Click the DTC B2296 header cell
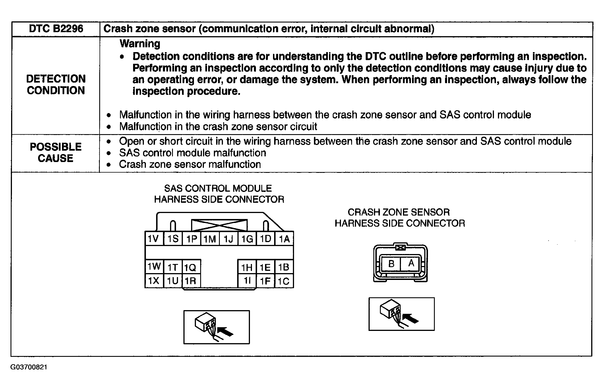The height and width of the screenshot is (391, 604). [x=56, y=29]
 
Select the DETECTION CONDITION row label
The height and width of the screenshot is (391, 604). [x=56, y=85]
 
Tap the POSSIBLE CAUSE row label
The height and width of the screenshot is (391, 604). [x=56, y=153]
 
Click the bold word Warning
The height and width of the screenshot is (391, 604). [x=140, y=44]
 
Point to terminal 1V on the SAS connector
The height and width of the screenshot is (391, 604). [x=154, y=238]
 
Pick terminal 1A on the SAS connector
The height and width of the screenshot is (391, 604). [x=284, y=239]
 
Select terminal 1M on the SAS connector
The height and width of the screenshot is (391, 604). [x=210, y=239]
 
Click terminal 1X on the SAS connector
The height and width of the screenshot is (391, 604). [x=154, y=281]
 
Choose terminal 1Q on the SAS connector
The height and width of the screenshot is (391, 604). [x=190, y=267]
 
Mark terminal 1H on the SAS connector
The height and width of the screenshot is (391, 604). [x=247, y=267]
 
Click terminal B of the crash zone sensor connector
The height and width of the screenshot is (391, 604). [x=391, y=263]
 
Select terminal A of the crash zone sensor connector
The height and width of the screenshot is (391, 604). [x=411, y=263]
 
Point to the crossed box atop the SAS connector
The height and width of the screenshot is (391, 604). [x=219, y=225]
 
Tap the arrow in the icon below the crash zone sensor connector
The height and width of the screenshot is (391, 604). [x=411, y=318]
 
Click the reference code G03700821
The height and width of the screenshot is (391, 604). [x=29, y=367]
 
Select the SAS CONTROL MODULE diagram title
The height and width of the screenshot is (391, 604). [x=219, y=194]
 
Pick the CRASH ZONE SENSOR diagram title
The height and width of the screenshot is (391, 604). [x=400, y=218]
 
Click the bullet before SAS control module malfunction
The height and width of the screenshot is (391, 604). [x=109, y=153]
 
